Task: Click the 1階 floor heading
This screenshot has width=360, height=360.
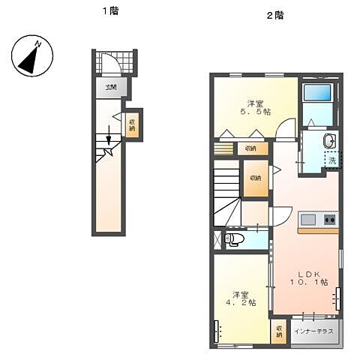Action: click(x=111, y=11)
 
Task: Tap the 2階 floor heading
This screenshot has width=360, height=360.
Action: click(x=274, y=15)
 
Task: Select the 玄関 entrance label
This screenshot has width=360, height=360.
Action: click(x=111, y=88)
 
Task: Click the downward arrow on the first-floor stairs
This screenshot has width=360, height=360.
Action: click(x=109, y=138)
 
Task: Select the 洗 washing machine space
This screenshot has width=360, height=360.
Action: click(x=331, y=160)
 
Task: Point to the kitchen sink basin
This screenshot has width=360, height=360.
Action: click(x=307, y=219)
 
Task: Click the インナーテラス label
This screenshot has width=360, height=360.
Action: click(x=313, y=330)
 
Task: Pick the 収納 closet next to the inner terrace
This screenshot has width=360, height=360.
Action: click(x=279, y=331)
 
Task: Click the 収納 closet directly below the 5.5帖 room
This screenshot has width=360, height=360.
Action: click(x=250, y=148)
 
